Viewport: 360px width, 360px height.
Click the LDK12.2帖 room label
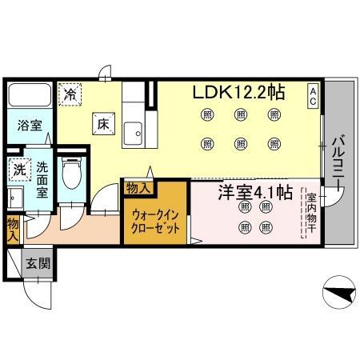[238, 92]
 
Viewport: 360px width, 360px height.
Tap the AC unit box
[313, 96]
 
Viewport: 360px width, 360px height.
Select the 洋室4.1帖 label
[255, 192]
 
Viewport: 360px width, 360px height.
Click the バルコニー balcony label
[338, 162]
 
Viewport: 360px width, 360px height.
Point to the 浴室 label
[30, 126]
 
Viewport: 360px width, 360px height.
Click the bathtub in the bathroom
[30, 95]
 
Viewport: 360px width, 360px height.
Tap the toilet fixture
[71, 173]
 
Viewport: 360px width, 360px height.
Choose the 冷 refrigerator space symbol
[70, 94]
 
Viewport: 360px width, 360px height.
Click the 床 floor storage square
[104, 124]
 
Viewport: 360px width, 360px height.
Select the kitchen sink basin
[133, 133]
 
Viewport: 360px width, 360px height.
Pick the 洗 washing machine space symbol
[20, 170]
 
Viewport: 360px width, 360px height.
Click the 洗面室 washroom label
[42, 180]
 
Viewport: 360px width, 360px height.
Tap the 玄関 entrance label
[38, 264]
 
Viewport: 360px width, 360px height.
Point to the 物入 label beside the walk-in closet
[138, 188]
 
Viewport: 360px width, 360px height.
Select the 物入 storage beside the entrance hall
[13, 230]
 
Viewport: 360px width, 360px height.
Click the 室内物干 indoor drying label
[311, 213]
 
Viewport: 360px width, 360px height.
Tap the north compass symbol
[339, 292]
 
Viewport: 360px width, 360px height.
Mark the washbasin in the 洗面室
[15, 198]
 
